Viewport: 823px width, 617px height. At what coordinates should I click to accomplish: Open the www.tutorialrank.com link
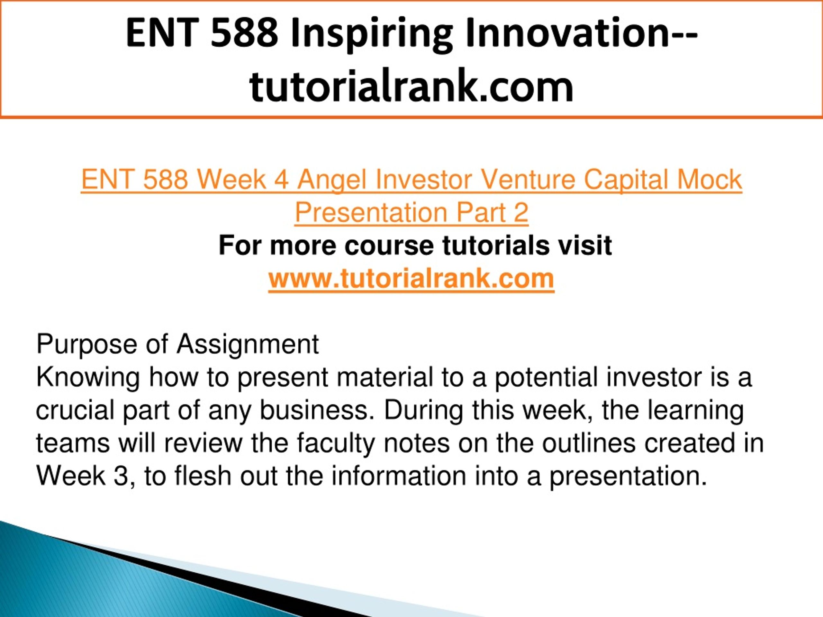coord(411,278)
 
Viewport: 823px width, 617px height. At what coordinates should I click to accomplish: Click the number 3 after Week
coord(121,476)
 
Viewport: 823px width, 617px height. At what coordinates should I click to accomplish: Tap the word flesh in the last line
coord(203,476)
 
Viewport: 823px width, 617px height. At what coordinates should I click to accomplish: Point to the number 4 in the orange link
coord(281,179)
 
